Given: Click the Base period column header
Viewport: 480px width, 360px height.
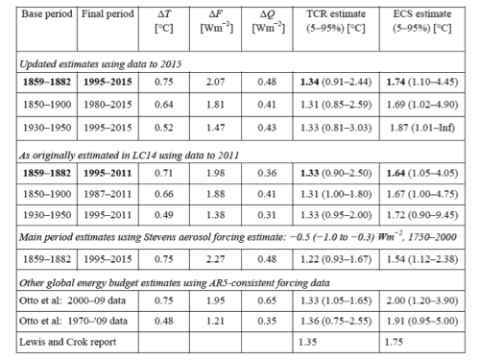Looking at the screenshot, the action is (47, 14).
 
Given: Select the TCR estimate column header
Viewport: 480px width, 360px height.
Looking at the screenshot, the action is (336, 21).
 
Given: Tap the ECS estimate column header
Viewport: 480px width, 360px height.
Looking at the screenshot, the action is (422, 21).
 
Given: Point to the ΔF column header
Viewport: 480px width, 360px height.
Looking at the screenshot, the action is (216, 21).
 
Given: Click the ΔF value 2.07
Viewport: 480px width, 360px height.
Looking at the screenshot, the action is (215, 82).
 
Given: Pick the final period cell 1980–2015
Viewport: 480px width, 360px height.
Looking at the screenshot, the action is (108, 105).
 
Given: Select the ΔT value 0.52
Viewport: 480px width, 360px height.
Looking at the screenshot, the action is (164, 128).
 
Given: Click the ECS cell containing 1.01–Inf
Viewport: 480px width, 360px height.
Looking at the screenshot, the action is (422, 128).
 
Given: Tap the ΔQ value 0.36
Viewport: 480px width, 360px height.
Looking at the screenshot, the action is (267, 173).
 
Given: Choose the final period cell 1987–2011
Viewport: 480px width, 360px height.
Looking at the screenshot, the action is (108, 194).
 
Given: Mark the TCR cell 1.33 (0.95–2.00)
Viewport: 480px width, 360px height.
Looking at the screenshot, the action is (336, 215).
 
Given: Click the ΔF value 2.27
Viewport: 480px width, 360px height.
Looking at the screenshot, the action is (215, 259).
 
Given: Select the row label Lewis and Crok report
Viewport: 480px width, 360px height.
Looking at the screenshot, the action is (67, 342).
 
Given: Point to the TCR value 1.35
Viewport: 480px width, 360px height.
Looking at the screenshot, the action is (307, 342).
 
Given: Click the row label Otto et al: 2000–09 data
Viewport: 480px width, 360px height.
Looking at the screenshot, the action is (72, 300).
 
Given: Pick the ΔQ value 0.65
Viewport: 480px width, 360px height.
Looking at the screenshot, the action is (267, 300).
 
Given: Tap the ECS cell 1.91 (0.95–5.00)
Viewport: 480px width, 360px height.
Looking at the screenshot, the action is (422, 321).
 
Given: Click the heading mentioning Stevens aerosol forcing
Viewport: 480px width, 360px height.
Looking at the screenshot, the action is (238, 237).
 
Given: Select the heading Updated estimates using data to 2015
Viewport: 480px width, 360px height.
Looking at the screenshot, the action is (101, 64).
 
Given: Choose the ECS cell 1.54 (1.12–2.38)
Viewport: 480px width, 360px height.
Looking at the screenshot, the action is (422, 259).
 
